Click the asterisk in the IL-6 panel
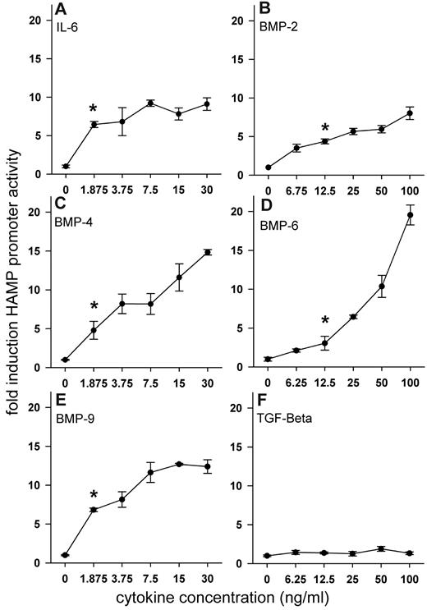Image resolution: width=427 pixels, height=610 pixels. click(94, 109)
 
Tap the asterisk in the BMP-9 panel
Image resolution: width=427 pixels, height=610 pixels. click(94, 495)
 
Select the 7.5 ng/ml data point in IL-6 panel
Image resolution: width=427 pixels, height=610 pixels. click(151, 103)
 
